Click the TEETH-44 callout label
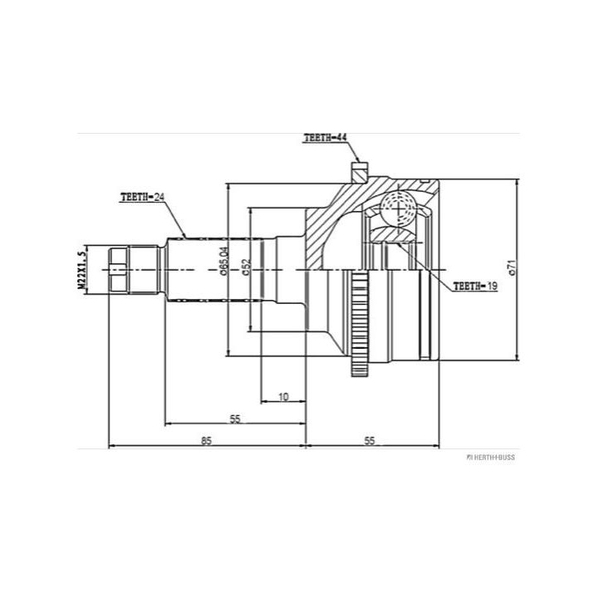[326, 138]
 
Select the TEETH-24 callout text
[142, 197]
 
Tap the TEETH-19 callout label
[475, 286]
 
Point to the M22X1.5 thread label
[81, 270]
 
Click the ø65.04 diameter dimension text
[224, 261]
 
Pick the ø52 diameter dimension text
[247, 267]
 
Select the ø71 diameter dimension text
[512, 267]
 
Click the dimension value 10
[283, 397]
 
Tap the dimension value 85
[206, 440]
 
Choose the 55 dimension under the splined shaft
[235, 419]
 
